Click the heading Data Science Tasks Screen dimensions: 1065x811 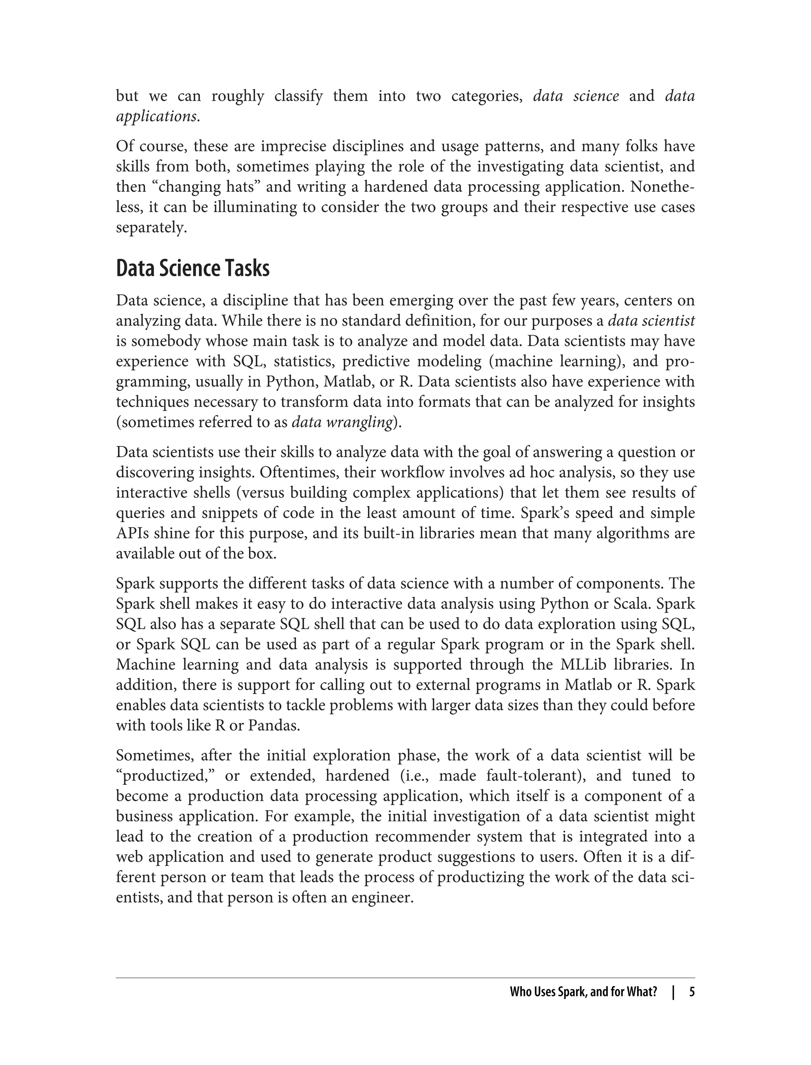[x=192, y=269]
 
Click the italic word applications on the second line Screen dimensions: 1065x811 [x=156, y=116]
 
